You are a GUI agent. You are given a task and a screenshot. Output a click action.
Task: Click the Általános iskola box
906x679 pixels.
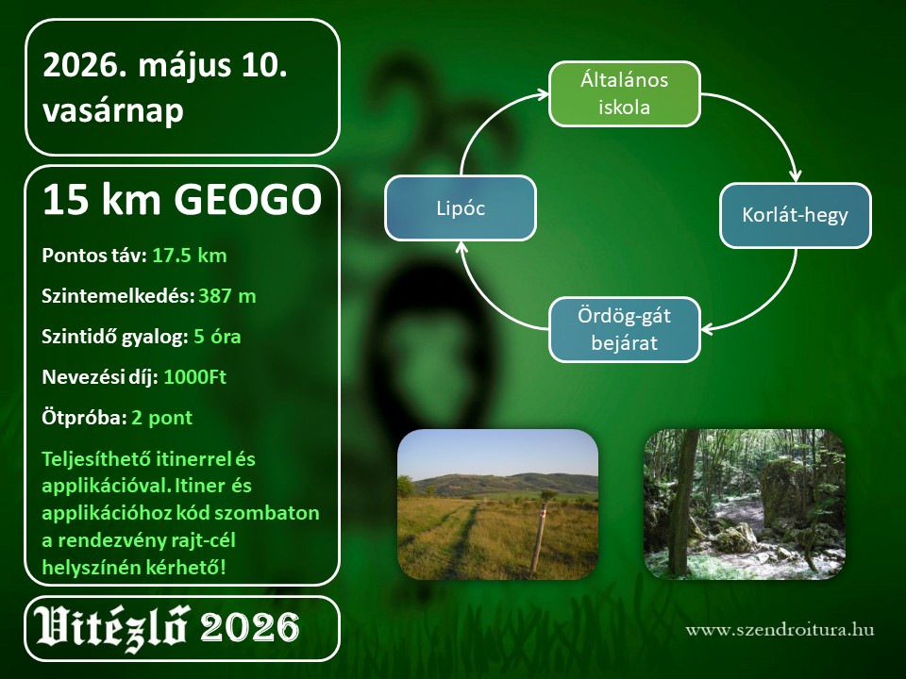[x=624, y=93]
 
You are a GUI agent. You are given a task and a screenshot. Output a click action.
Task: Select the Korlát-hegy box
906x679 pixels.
[x=795, y=215]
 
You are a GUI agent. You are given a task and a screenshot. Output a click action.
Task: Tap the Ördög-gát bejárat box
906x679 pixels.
[x=624, y=330]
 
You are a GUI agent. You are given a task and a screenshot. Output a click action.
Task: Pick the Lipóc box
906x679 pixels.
[x=461, y=207]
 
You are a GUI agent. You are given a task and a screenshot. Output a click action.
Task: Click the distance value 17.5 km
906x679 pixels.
[x=190, y=256]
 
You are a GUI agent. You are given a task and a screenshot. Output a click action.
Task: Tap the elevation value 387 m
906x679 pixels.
[x=227, y=296]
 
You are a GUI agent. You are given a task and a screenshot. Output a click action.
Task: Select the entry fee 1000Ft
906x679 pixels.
[x=194, y=377]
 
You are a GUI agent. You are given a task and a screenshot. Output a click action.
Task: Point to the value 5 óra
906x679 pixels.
[x=217, y=337]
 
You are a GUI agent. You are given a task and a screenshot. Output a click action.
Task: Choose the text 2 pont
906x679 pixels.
[x=161, y=418]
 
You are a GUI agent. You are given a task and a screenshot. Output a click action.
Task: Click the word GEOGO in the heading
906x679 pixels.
[x=248, y=200]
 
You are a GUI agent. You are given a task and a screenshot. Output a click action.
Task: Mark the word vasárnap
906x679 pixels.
[x=113, y=111]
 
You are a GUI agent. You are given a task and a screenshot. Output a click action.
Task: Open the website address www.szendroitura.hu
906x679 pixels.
[x=780, y=629]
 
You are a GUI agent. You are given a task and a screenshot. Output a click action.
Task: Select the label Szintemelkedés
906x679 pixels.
[x=118, y=296]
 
